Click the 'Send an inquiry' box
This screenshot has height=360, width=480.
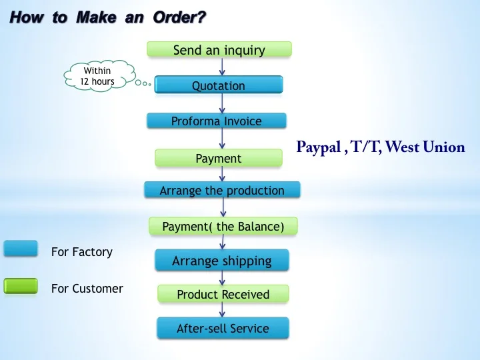pyautogui.click(x=219, y=49)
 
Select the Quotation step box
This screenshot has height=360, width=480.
pyautogui.click(x=219, y=85)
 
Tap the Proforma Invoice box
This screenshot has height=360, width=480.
pyautogui.click(x=217, y=121)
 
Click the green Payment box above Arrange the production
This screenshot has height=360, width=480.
pyautogui.click(x=219, y=158)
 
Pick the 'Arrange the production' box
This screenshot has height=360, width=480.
pyautogui.click(x=222, y=190)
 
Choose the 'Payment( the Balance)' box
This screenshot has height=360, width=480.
pyautogui.click(x=223, y=226)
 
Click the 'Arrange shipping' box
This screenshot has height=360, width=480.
pyautogui.click(x=222, y=260)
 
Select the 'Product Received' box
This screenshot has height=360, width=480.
pyautogui.click(x=223, y=294)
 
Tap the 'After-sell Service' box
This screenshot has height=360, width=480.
pyautogui.click(x=223, y=328)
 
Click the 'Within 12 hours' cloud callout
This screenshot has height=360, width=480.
pyautogui.click(x=98, y=76)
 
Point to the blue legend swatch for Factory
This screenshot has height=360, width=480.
pyautogui.click(x=21, y=249)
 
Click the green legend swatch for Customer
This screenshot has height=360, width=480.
pyautogui.click(x=21, y=286)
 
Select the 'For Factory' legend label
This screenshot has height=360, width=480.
pyautogui.click(x=82, y=252)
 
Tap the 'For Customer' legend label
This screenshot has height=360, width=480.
pyautogui.click(x=87, y=289)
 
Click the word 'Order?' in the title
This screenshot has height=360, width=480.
pyautogui.click(x=178, y=17)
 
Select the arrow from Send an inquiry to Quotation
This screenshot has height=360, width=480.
pyautogui.click(x=221, y=66)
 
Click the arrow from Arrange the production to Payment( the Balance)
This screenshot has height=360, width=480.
pyautogui.click(x=223, y=208)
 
